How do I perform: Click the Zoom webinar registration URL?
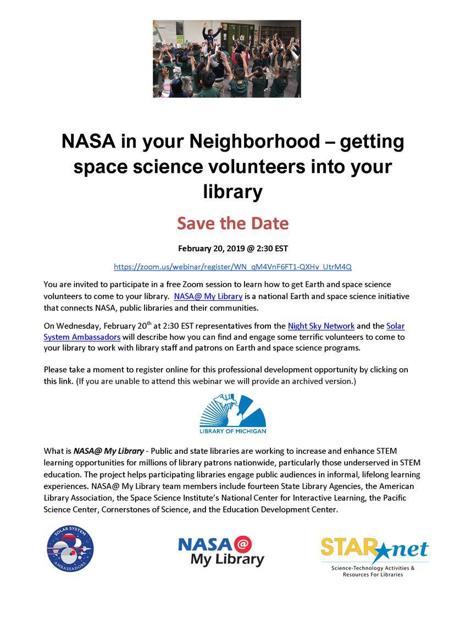click(x=232, y=267)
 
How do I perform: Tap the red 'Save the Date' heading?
click(x=232, y=223)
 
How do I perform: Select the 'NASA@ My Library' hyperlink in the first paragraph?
click(x=208, y=296)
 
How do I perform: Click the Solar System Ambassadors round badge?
click(x=70, y=549)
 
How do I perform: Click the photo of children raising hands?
click(x=226, y=59)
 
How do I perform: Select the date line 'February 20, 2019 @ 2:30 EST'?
click(x=232, y=248)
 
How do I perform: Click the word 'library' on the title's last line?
click(x=232, y=192)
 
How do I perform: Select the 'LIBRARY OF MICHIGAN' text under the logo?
click(x=232, y=431)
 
